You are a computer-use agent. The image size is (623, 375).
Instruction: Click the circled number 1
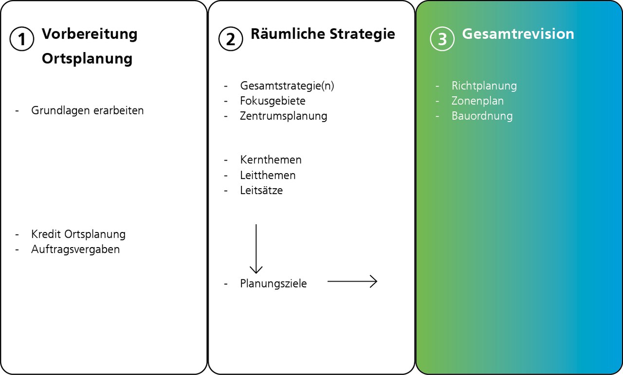[x=22, y=39]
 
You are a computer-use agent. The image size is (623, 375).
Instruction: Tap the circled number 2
[x=230, y=39]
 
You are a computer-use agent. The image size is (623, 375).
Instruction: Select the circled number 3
[x=442, y=39]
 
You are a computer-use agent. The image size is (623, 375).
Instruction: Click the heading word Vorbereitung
[x=90, y=34]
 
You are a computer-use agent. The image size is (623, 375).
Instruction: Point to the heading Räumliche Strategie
[x=323, y=34]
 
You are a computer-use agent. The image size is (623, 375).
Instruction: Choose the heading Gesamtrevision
[x=518, y=34]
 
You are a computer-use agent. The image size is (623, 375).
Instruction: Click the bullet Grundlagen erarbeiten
[x=88, y=110]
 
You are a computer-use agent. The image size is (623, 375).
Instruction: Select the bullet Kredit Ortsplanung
[x=78, y=234]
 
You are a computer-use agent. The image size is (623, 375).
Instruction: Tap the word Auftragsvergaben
[x=75, y=250]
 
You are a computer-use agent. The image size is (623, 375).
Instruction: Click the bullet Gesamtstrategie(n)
[x=287, y=86]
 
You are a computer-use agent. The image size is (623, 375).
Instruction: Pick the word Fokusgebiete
[x=273, y=101]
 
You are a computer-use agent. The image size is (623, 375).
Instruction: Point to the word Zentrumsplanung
[x=283, y=116]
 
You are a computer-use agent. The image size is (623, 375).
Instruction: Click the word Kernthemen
[x=271, y=160]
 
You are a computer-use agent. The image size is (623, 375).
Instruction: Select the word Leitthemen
[x=268, y=175]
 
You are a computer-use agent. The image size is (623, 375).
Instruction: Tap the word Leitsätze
[x=261, y=190]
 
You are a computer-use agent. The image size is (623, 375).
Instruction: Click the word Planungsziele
[x=274, y=284]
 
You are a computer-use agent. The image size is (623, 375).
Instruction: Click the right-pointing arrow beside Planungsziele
[x=352, y=281]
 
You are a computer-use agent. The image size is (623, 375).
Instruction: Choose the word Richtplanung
[x=484, y=86]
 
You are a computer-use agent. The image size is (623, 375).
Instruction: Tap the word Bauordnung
[x=482, y=116]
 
